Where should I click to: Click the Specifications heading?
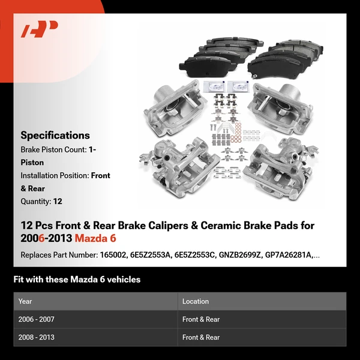[55, 136]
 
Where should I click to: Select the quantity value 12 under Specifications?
[57, 202]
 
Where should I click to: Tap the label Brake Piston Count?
[53, 149]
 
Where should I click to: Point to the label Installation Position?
[55, 176]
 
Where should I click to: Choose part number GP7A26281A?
[286, 255]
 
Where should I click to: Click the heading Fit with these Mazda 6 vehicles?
[77, 280]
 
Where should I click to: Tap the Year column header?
[25, 301]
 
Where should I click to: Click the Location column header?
[196, 301]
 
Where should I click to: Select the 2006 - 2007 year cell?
[37, 320]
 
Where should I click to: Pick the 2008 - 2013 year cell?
[37, 338]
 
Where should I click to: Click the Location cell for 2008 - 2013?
[201, 338]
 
